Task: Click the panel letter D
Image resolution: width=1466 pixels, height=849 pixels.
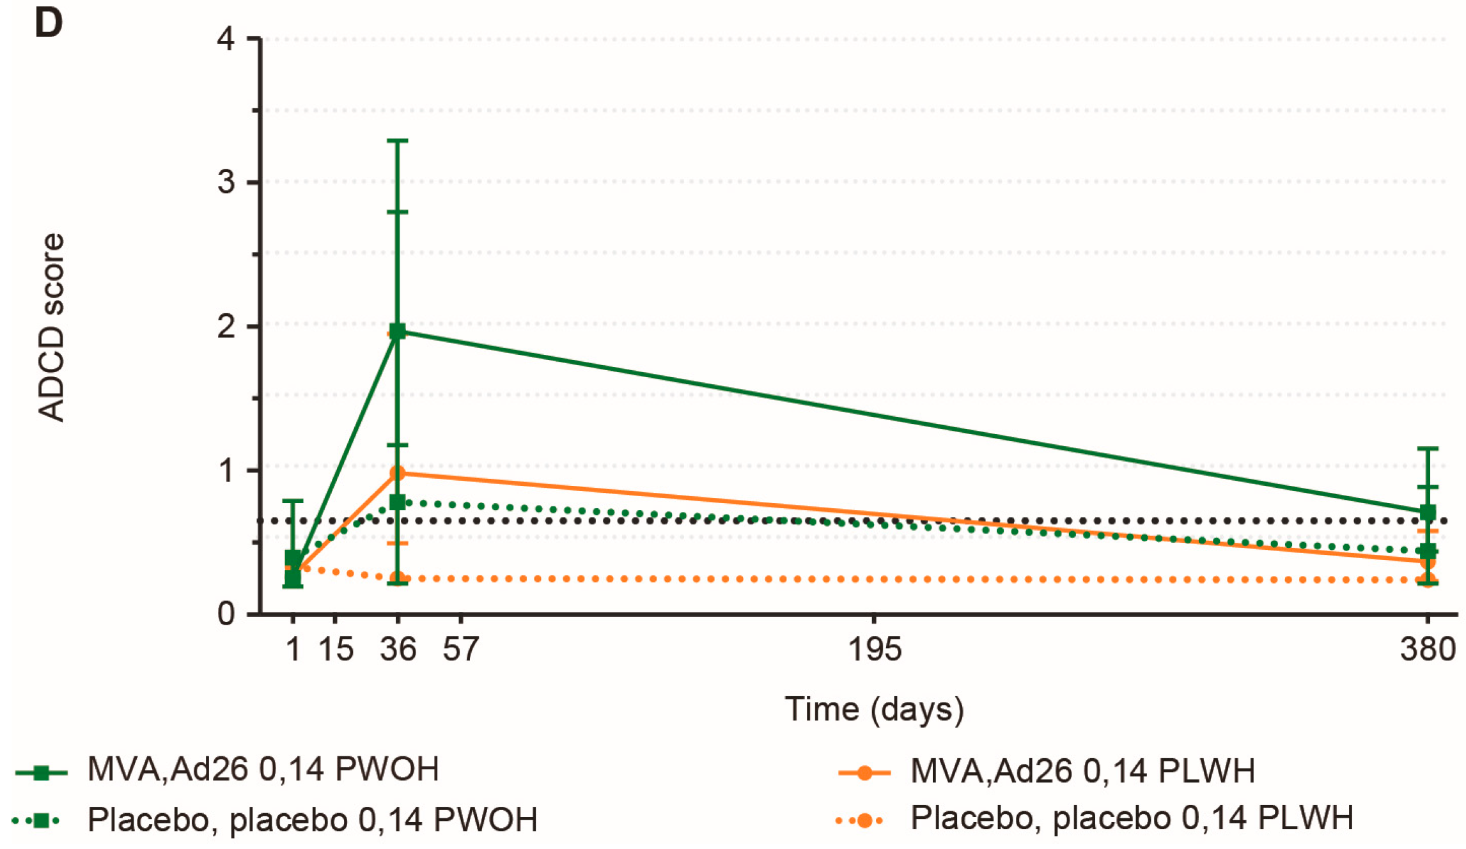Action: [x=49, y=23]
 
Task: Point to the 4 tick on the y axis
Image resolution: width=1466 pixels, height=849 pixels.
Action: [x=226, y=39]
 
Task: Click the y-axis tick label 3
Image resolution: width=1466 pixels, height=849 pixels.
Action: [x=226, y=182]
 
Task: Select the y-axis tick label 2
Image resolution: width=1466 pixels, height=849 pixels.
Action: [x=226, y=327]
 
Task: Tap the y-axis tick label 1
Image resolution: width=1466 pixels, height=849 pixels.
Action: [x=226, y=471]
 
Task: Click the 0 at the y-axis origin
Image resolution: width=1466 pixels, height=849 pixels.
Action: [x=226, y=614]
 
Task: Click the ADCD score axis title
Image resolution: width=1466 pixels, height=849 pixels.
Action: [x=51, y=327]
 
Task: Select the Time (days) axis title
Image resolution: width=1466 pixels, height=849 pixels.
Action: [x=874, y=709]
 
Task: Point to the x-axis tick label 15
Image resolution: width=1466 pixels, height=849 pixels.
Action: [x=336, y=650]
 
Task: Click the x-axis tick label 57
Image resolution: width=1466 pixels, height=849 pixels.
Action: [x=461, y=650]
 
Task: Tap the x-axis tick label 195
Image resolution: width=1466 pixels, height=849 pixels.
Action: [x=874, y=650]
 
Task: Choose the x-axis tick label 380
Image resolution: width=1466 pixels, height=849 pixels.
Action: [x=1427, y=650]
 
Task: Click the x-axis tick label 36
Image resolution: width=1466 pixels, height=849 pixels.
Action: [x=398, y=650]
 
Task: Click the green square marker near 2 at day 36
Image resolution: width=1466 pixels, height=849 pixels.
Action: [x=398, y=331]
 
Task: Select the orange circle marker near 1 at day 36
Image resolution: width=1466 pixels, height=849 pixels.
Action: [x=398, y=473]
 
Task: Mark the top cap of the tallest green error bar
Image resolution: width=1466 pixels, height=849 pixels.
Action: [x=398, y=140]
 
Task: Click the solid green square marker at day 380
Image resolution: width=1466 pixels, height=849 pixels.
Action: [x=1428, y=512]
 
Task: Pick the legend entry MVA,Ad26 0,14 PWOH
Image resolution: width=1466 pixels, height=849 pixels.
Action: [x=263, y=770]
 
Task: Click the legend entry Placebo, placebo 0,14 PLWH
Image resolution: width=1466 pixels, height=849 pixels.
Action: [x=1131, y=818]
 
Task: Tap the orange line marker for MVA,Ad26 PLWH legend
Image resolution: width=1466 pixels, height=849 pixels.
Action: [x=864, y=773]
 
